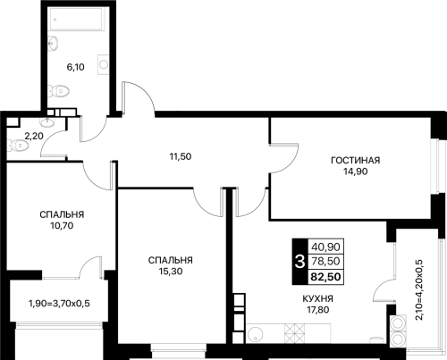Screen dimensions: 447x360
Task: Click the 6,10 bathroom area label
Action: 75,67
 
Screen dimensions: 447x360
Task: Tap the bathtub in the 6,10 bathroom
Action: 76,19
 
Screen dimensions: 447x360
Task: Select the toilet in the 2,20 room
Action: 18,146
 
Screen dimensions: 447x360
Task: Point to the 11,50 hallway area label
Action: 181,156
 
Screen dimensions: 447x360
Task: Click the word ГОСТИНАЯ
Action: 356,160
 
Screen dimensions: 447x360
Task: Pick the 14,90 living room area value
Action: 356,172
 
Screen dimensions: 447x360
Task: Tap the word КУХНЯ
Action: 318,298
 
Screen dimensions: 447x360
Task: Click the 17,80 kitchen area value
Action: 318,310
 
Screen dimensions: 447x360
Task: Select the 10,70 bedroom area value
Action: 62,226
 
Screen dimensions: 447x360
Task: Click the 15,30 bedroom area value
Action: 171,272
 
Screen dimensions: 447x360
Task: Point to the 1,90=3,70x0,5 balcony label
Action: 59,304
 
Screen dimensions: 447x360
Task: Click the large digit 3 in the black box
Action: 299,262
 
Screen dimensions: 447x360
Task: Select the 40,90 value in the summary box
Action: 325,247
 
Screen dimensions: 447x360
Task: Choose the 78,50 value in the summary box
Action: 325,261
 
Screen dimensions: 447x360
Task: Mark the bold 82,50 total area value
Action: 325,277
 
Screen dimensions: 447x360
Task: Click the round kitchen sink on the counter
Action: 256,335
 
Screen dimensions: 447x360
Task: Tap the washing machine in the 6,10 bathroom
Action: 103,64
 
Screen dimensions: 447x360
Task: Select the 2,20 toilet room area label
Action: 34,137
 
